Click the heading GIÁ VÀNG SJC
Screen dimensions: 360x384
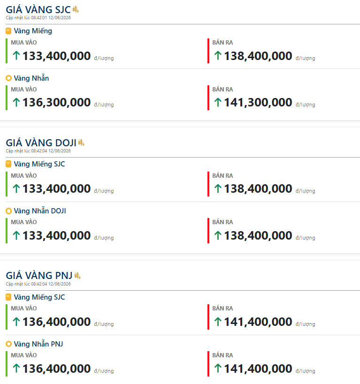point(38,9)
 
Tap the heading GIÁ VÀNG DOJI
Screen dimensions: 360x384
point(41,143)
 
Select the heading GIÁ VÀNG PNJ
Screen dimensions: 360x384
point(39,276)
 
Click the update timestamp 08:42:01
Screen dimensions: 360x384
point(39,18)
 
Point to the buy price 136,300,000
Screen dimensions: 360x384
point(57,102)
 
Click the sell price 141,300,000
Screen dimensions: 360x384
point(258,102)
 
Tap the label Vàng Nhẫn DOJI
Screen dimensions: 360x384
point(40,211)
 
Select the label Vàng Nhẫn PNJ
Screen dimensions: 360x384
point(38,344)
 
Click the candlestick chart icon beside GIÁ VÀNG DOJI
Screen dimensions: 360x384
point(81,142)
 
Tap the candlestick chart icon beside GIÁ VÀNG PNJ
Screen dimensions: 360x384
point(77,276)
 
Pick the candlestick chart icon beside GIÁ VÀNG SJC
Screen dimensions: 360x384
point(76,9)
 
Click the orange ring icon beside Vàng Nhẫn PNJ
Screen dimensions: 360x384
point(8,344)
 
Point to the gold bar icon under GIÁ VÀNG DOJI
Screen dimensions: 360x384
point(8,164)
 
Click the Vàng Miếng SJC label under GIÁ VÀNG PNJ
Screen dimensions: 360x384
point(39,297)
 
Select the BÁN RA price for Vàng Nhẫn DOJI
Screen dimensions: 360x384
point(258,235)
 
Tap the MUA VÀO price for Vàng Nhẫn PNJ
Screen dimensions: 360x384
point(57,369)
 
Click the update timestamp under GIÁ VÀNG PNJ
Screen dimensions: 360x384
point(38,284)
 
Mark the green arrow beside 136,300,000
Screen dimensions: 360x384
point(16,102)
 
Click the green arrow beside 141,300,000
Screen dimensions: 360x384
point(218,102)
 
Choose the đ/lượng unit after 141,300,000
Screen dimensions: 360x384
point(305,105)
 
